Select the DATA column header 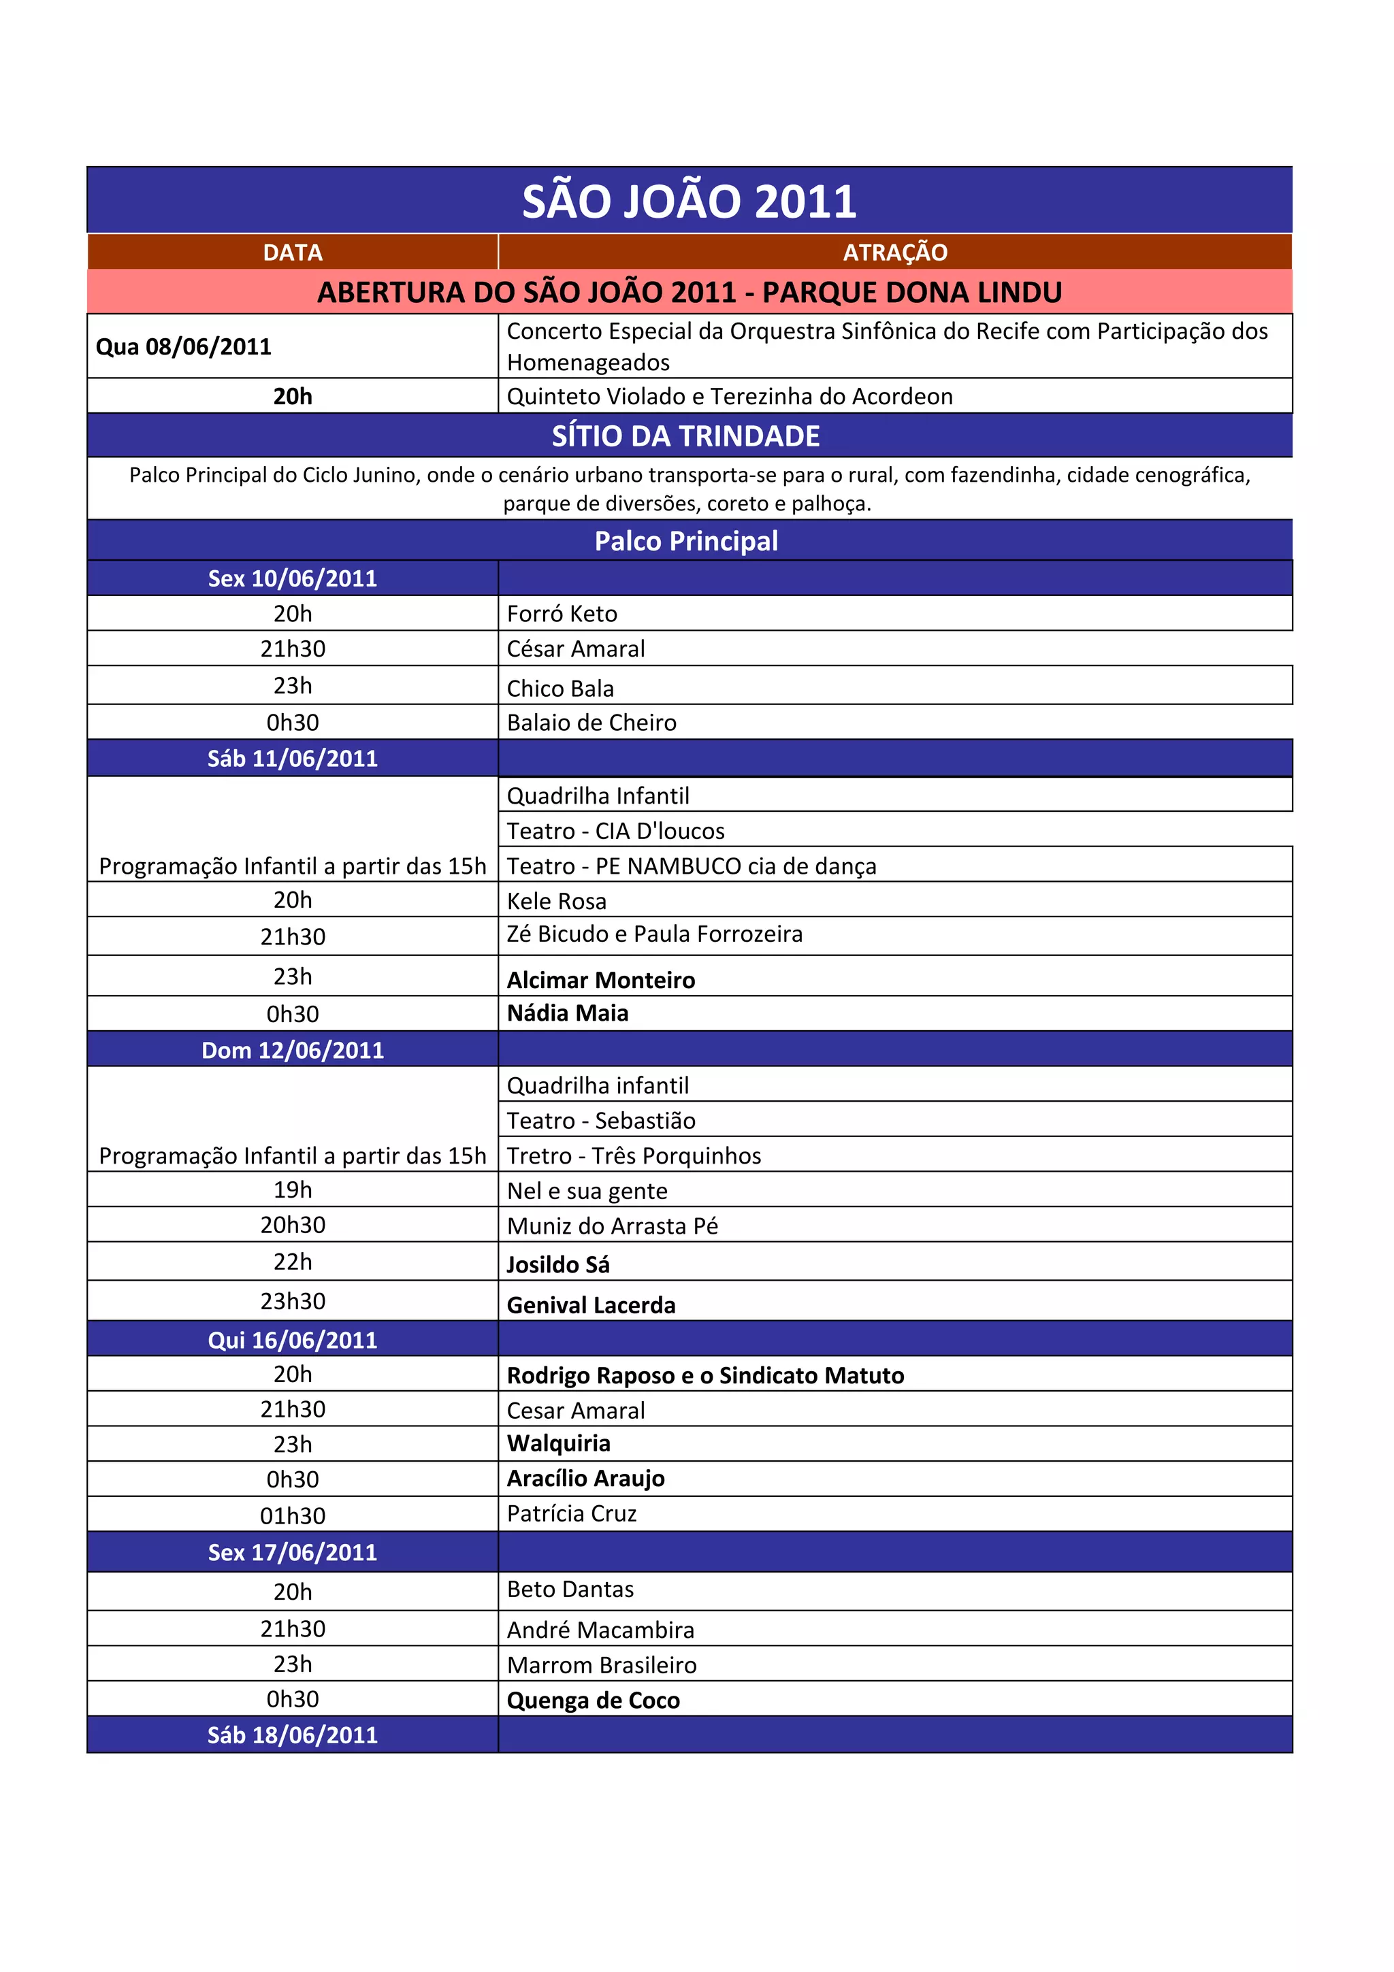point(292,252)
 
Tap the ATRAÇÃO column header point(895,252)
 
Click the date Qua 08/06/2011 point(184,346)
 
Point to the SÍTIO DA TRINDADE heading point(685,436)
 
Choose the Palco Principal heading point(686,541)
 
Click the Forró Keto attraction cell point(562,613)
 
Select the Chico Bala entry point(560,688)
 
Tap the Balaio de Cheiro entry point(591,723)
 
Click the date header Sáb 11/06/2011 point(292,759)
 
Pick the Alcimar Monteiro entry point(600,980)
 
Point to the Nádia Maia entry point(567,1013)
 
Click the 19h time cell point(292,1189)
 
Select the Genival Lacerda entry point(591,1306)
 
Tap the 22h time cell point(292,1262)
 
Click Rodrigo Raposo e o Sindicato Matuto point(705,1375)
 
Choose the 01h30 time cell point(292,1516)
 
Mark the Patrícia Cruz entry point(571,1513)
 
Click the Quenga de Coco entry point(593,1700)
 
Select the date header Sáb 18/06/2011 point(292,1735)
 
